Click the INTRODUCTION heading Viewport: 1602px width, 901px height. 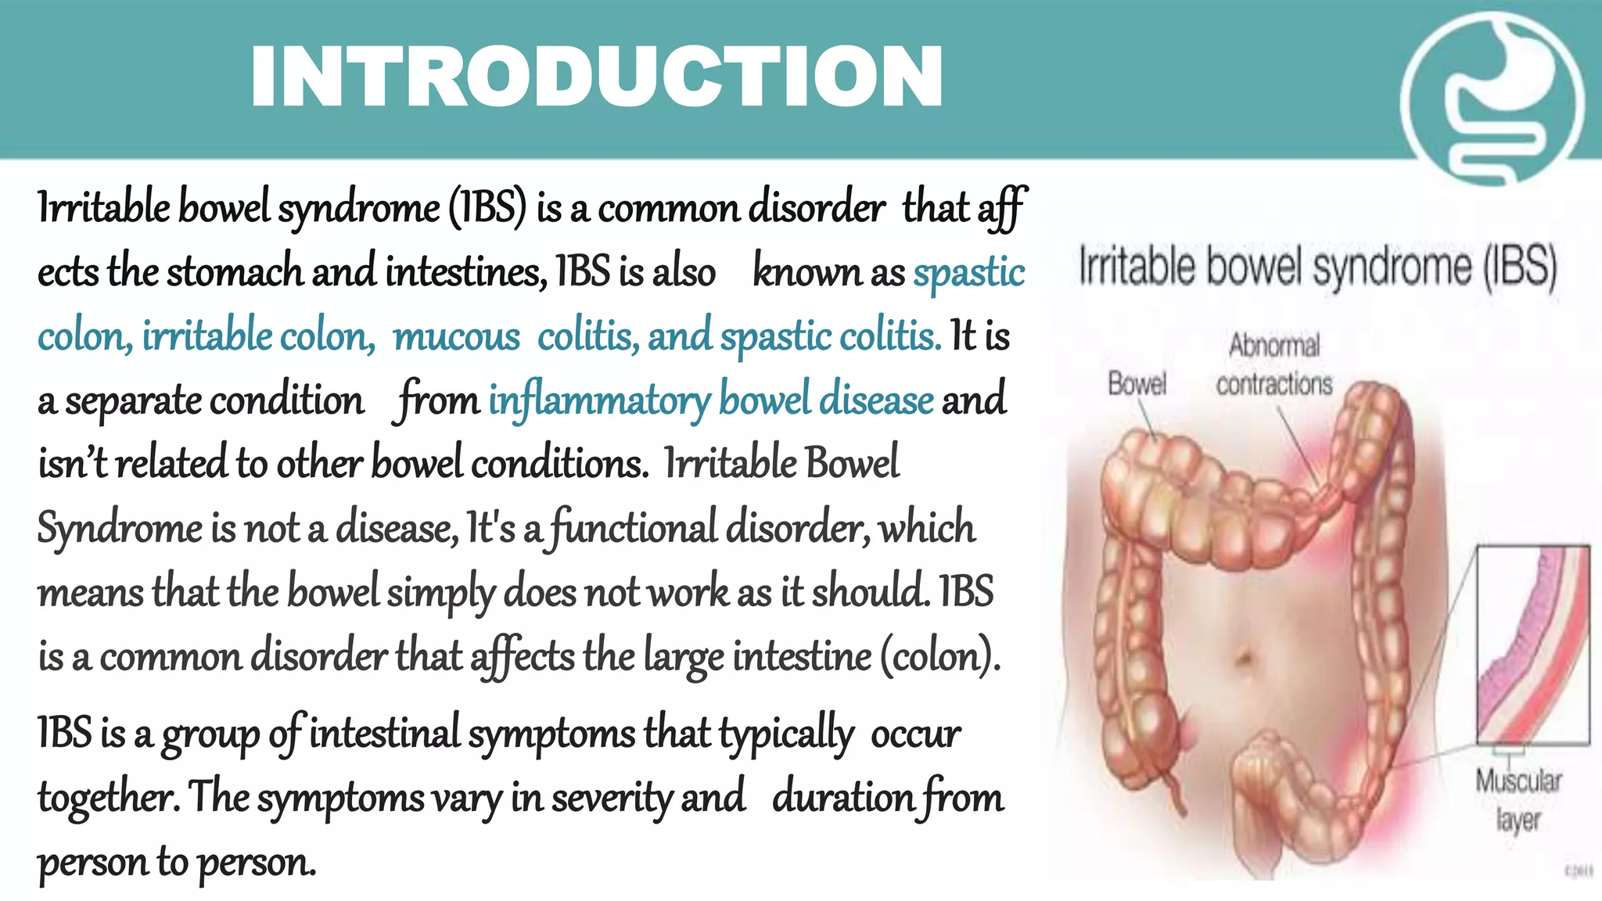coord(596,77)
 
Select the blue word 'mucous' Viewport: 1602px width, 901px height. coord(456,337)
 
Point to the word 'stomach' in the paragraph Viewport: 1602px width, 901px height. coord(235,272)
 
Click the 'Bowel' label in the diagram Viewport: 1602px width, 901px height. coord(1137,384)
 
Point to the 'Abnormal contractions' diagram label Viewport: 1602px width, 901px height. coord(1274,364)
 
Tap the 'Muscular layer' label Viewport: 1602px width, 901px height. coord(1518,799)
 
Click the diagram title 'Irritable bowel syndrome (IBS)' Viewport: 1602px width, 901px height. coord(1318,266)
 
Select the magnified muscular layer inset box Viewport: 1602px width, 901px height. coord(1532,644)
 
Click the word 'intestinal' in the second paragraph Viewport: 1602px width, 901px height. coord(384,734)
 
